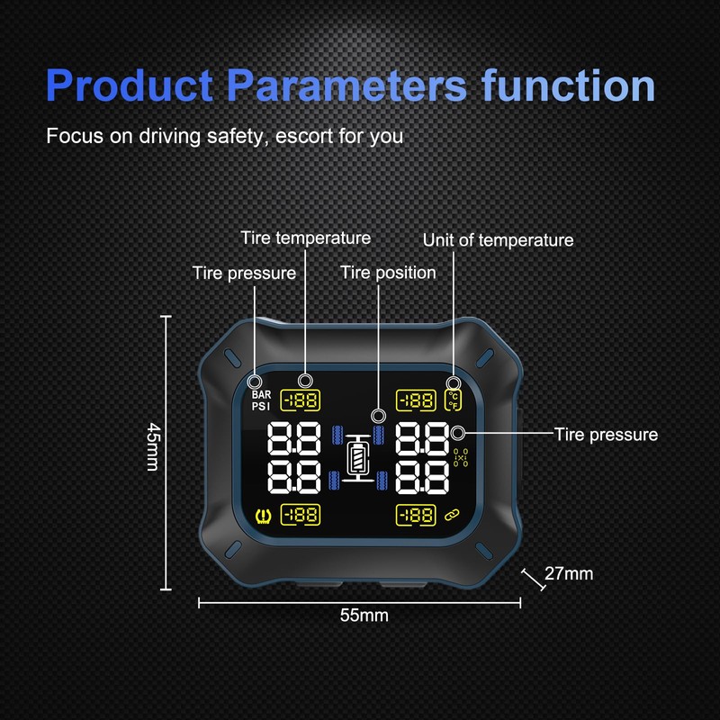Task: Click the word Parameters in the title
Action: (346, 86)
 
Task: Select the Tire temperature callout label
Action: (305, 238)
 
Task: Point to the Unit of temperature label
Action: (498, 239)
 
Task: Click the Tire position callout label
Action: (387, 272)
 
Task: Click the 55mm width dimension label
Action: (363, 616)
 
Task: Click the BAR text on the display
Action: (262, 394)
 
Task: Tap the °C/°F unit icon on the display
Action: (454, 399)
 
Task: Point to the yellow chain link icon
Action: (453, 515)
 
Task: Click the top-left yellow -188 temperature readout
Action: (303, 400)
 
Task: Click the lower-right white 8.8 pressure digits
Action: (422, 478)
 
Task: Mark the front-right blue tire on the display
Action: (379, 436)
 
